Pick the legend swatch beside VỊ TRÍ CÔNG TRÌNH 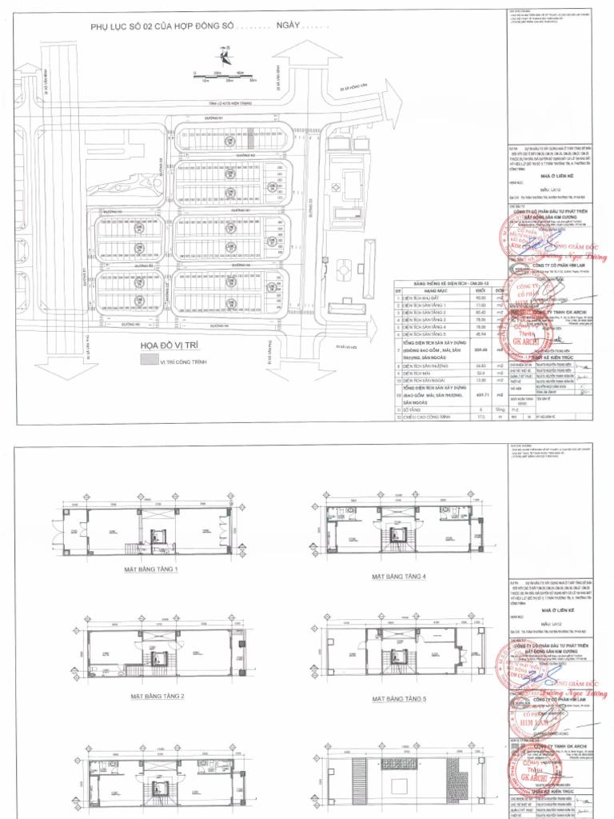pyautogui.click(x=149, y=362)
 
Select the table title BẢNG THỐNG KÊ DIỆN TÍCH pyautogui.click(x=445, y=283)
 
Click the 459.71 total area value pyautogui.click(x=480, y=394)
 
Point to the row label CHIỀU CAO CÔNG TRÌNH pyautogui.click(x=439, y=416)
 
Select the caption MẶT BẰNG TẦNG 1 pyautogui.click(x=150, y=569)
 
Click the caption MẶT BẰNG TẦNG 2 pyautogui.click(x=157, y=696)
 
